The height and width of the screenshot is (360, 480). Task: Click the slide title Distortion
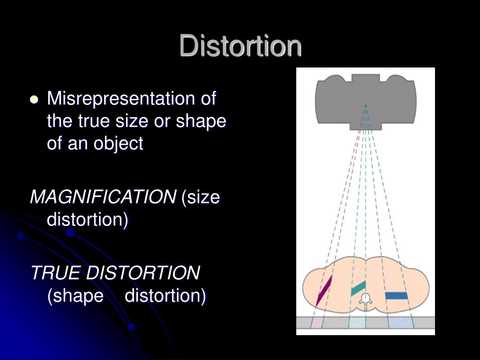(x=240, y=46)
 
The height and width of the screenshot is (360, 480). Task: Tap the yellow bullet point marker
(x=34, y=99)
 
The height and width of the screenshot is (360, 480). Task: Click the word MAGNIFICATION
(x=102, y=197)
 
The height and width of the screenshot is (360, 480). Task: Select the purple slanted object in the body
(x=324, y=290)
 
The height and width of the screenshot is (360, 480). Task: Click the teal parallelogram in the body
(x=358, y=288)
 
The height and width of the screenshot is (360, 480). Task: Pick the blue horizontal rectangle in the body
(x=396, y=295)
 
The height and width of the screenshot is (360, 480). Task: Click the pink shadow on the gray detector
(x=317, y=322)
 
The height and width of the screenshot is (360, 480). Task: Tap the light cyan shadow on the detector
(x=357, y=322)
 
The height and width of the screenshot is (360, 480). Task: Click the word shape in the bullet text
(x=202, y=121)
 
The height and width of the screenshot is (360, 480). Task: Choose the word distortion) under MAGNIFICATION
(x=87, y=220)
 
